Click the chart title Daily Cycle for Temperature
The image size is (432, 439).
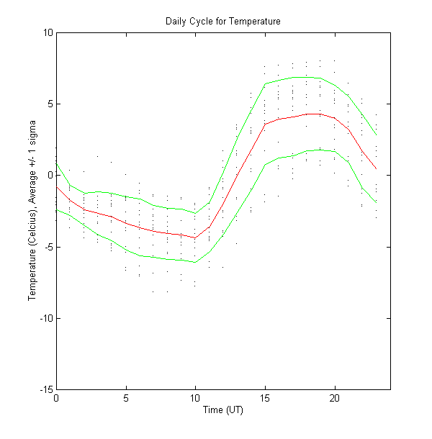point(222,22)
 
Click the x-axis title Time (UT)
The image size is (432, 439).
point(222,410)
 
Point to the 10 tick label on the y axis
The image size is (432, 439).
point(48,32)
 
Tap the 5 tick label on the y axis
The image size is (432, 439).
point(50,104)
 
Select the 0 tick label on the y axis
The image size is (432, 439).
point(50,175)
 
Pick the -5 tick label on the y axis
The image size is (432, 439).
point(48,247)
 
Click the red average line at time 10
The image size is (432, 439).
point(195,237)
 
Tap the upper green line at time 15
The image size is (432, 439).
point(265,83)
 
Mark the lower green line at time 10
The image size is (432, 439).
point(195,262)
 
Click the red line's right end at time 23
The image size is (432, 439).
point(376,169)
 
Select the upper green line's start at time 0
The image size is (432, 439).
point(56,163)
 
